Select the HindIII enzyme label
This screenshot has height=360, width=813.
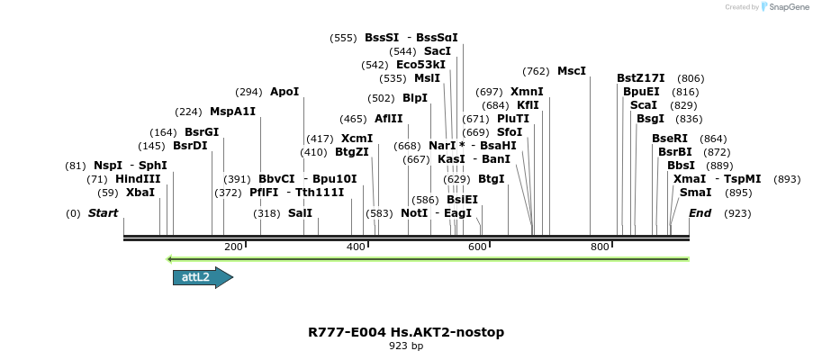138,179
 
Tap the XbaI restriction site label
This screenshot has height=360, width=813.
140,193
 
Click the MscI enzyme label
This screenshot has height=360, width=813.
572,71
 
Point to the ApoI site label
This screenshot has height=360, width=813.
285,92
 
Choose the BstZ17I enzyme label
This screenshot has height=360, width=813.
641,78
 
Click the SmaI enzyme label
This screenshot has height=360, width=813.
695,193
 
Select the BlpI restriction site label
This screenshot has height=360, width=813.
415,98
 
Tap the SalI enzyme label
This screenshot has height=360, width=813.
300,213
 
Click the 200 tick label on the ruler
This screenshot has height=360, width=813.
233,247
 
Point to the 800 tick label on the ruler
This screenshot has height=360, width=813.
600,247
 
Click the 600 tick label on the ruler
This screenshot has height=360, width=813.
477,247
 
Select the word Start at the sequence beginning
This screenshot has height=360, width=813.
103,213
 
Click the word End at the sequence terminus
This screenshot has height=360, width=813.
700,213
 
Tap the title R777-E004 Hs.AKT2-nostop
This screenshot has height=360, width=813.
406,332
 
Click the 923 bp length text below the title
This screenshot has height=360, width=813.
406,346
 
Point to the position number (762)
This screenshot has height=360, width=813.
536,71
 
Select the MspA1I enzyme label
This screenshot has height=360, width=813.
232,112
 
